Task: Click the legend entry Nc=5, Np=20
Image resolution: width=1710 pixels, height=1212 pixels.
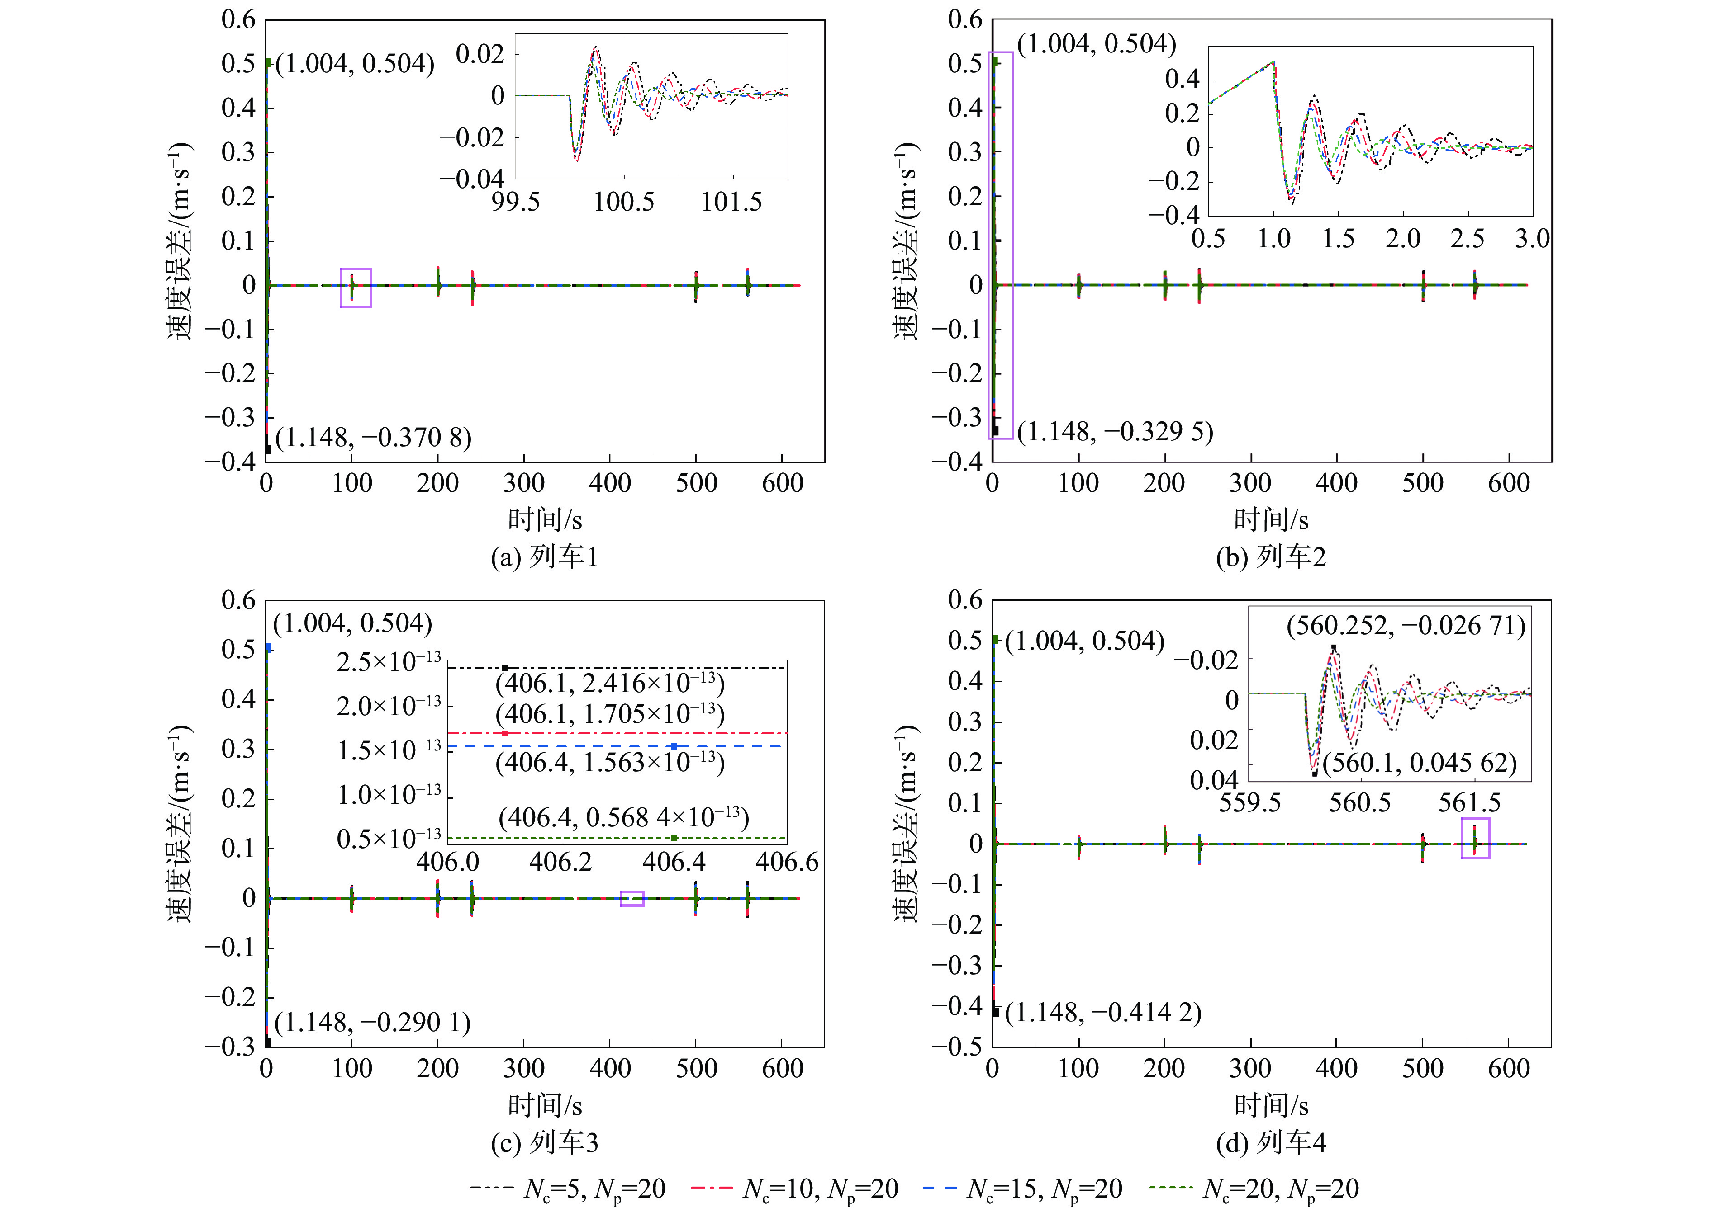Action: [x=567, y=1188]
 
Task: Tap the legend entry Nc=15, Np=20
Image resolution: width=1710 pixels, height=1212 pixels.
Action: [x=1022, y=1188]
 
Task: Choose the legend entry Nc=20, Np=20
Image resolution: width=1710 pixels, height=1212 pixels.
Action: [x=1254, y=1188]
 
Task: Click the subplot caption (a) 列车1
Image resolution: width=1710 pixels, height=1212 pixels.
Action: [x=544, y=557]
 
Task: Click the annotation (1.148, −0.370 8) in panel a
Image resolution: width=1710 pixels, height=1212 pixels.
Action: [x=373, y=437]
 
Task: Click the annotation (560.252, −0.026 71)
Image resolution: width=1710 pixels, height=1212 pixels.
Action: [x=1406, y=625]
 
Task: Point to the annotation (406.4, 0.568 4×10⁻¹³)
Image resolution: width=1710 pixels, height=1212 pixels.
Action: [x=623, y=817]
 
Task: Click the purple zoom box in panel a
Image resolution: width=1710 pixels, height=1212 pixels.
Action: [x=356, y=288]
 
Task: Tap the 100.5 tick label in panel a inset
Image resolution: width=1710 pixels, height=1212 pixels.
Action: [x=623, y=202]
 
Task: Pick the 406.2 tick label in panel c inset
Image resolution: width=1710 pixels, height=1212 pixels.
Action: [x=561, y=862]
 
